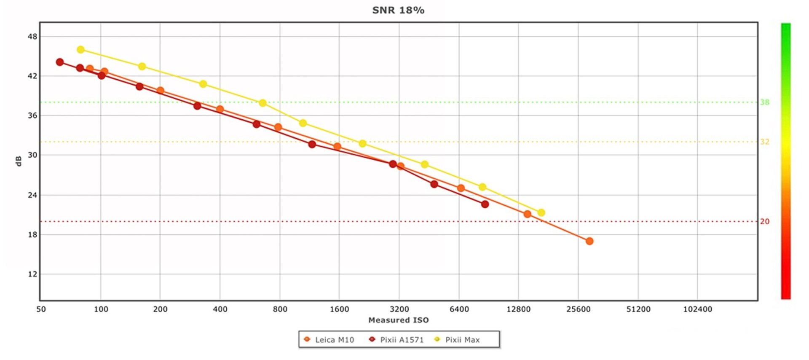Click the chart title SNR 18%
398,10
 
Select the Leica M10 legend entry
329,340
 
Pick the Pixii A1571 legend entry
396,340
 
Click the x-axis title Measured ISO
398,320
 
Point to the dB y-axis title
19,161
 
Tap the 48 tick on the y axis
32,37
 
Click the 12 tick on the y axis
32,274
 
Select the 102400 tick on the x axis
697,309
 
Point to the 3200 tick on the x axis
399,309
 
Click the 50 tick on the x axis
41,309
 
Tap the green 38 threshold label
765,102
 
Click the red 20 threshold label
765,222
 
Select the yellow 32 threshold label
765,142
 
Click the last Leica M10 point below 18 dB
589,241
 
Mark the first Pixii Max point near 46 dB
80,50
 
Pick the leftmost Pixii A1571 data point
60,62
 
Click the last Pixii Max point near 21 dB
541,213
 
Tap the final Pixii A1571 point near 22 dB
485,204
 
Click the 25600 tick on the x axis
579,309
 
